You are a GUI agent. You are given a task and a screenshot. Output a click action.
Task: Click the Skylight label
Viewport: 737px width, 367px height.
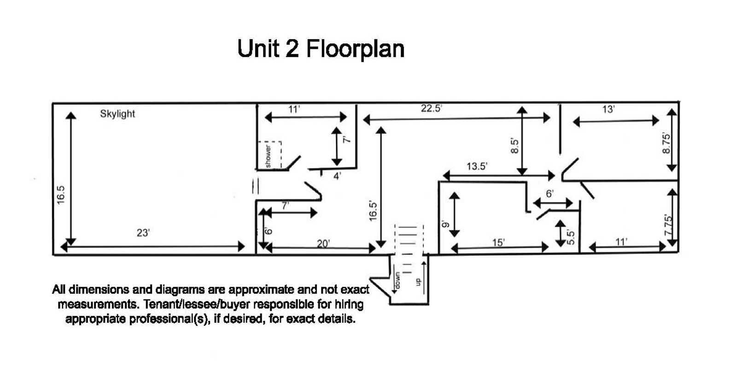click(x=117, y=114)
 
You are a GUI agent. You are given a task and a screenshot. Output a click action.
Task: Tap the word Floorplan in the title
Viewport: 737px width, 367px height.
click(x=355, y=49)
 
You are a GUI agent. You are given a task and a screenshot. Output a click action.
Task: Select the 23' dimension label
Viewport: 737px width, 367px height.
click(x=143, y=233)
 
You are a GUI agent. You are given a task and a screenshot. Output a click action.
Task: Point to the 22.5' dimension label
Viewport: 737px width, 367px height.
click(x=431, y=108)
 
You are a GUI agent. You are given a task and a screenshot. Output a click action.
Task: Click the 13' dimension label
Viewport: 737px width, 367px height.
click(x=608, y=109)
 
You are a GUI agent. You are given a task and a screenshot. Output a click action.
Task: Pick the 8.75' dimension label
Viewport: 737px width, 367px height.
click(x=666, y=143)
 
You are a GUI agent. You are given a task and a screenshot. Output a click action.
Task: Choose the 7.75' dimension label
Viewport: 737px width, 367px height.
click(x=668, y=225)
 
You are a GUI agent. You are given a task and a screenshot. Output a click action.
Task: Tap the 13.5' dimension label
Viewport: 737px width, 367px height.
click(x=477, y=166)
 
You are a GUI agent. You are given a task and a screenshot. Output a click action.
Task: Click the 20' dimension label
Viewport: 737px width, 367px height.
click(x=323, y=244)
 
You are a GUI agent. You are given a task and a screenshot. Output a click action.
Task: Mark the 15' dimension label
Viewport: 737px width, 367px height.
click(x=498, y=243)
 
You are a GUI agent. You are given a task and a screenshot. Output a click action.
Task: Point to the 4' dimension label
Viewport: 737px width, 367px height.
click(x=337, y=176)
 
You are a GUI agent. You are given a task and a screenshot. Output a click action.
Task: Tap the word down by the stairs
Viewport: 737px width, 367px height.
click(x=397, y=281)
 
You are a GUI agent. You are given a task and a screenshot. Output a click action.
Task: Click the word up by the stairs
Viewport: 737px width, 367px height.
click(x=418, y=282)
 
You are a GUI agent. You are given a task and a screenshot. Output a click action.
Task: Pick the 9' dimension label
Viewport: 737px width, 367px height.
click(x=445, y=225)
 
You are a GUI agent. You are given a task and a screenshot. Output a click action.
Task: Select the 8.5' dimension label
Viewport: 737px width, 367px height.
click(x=515, y=146)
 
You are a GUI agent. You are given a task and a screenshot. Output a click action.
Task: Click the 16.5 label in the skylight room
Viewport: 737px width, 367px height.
click(x=61, y=195)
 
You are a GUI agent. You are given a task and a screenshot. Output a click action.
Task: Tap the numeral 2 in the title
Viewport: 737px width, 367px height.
click(x=292, y=49)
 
